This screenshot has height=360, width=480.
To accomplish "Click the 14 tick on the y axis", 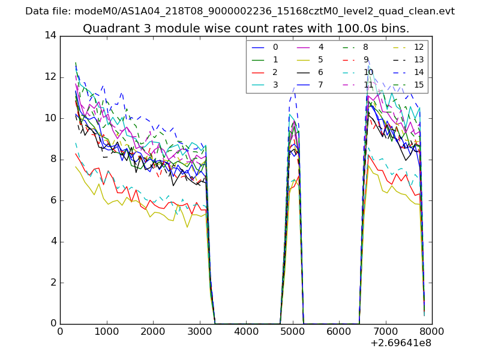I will point(50,35).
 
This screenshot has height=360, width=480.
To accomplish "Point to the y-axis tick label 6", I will point(53,200).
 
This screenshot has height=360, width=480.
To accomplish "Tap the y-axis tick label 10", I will point(50,118).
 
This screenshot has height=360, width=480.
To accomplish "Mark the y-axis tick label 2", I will point(53,283).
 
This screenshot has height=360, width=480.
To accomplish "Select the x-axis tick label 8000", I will point(432,331).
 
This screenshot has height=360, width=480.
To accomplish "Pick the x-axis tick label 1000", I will point(106,331).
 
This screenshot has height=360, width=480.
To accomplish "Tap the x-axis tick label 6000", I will point(339,331).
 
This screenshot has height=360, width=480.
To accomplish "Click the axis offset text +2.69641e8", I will point(400,343).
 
